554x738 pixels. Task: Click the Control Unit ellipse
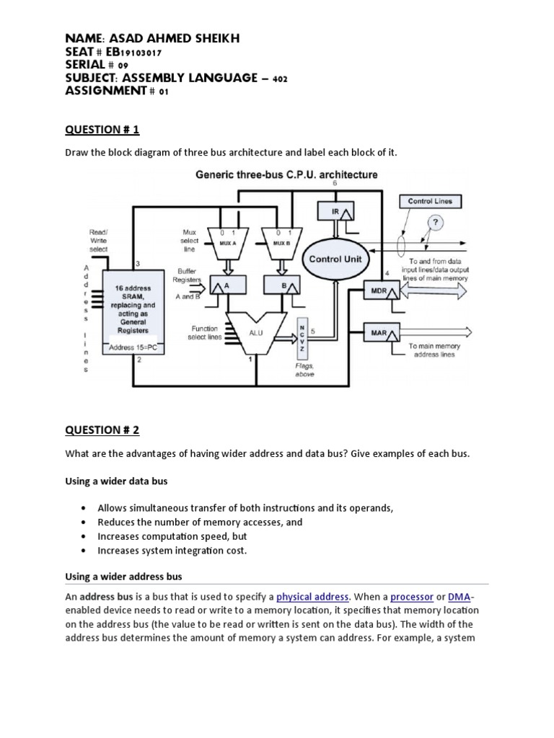(x=335, y=259)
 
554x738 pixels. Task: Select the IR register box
(x=334, y=211)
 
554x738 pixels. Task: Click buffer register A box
(x=223, y=285)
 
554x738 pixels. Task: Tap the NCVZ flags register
(x=302, y=339)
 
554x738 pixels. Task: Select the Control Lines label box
(x=430, y=201)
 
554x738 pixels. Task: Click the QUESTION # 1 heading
(x=102, y=130)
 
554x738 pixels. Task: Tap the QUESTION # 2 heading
(x=102, y=430)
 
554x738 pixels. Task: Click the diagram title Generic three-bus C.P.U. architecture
(x=277, y=174)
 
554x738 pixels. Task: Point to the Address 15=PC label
(x=132, y=348)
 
